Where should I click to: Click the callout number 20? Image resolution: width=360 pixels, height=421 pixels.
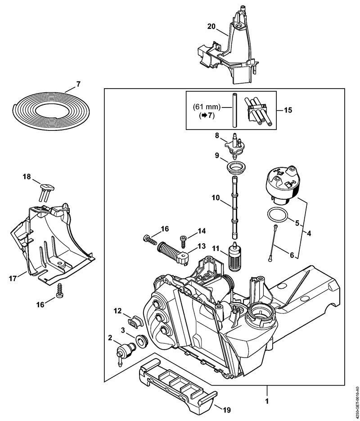pos(211,26)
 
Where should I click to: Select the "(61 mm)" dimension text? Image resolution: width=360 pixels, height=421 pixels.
pos(207,107)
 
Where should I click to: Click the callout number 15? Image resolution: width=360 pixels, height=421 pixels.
pos(288,110)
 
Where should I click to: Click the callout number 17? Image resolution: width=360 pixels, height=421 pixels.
pos(13,278)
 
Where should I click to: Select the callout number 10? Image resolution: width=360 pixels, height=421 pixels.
pos(216,198)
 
